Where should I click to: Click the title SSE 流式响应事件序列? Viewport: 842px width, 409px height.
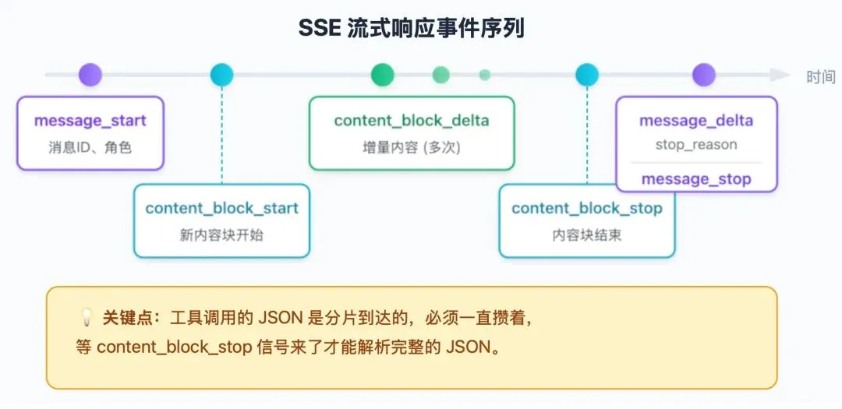click(412, 28)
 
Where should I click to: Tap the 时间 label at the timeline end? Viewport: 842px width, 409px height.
click(821, 76)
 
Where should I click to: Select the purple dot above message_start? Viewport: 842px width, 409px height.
click(90, 75)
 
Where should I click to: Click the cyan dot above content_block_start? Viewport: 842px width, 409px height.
click(221, 75)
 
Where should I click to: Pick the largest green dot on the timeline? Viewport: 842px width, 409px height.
click(382, 75)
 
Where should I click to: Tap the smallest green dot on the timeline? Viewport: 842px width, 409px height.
click(485, 75)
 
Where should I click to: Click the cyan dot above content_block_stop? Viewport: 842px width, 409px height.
click(587, 75)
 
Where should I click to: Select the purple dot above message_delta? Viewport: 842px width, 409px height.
click(704, 75)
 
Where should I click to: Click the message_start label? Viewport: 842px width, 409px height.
click(90, 121)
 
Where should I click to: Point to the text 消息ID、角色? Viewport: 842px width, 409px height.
click(90, 146)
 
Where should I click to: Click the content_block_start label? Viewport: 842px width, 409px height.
click(221, 208)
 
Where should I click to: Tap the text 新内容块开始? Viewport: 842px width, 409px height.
click(221, 234)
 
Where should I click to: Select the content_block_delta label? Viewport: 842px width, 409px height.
click(412, 120)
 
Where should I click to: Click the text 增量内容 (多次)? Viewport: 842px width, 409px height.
click(412, 146)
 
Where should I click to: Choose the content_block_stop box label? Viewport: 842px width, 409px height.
click(587, 208)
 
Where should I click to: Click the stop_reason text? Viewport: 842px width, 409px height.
click(696, 145)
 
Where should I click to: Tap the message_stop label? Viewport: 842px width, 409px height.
click(696, 179)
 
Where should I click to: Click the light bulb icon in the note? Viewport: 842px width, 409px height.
click(87, 318)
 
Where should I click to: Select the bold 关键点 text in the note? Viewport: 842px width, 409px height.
click(126, 318)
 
